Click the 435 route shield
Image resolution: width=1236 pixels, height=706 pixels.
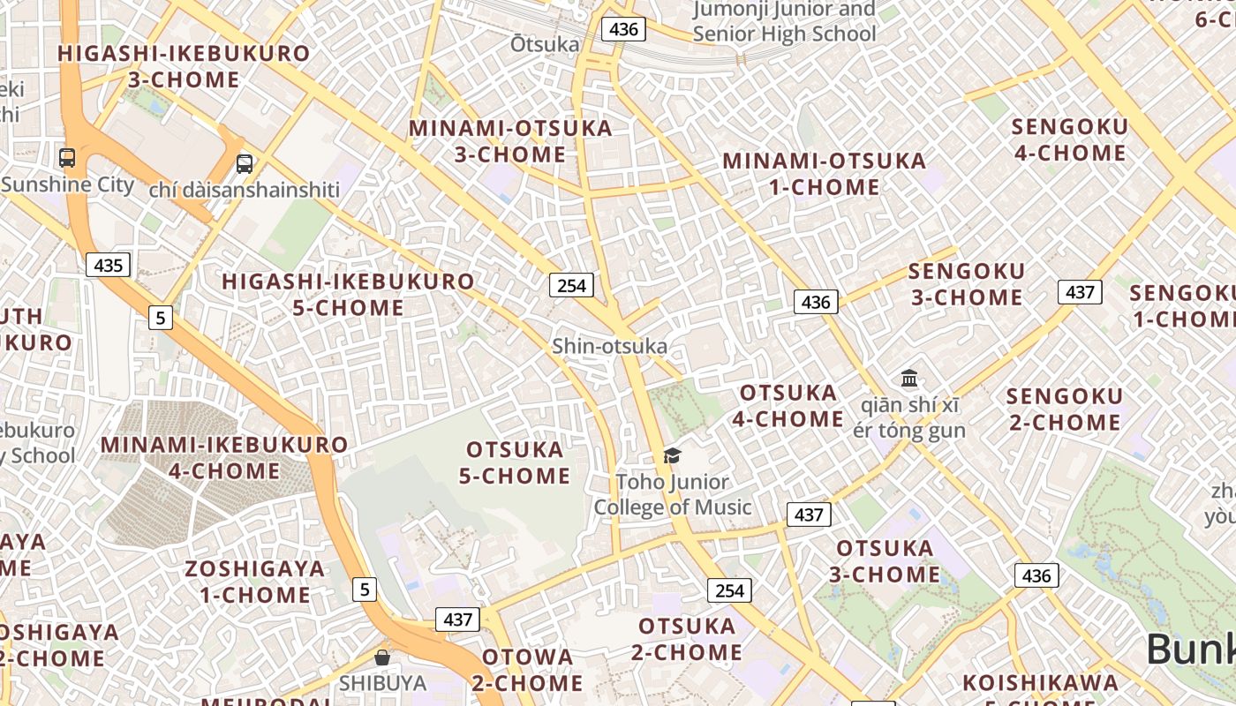pyautogui.click(x=109, y=265)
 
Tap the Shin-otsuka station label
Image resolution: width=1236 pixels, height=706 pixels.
pyautogui.click(x=609, y=346)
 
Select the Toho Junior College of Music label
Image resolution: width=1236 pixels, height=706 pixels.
pyautogui.click(x=673, y=494)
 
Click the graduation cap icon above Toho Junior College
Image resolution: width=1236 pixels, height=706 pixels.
pyautogui.click(x=673, y=455)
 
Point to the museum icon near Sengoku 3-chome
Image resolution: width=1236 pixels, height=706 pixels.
pyautogui.click(x=909, y=379)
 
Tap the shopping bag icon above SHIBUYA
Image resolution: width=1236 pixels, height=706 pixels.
pyautogui.click(x=382, y=657)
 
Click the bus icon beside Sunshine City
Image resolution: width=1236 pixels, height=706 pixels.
pyautogui.click(x=67, y=158)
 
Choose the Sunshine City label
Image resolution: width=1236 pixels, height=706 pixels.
pyautogui.click(x=67, y=185)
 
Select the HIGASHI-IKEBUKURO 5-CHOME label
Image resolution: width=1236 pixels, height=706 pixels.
pyautogui.click(x=348, y=295)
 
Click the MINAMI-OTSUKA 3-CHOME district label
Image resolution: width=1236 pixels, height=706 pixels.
pyautogui.click(x=510, y=141)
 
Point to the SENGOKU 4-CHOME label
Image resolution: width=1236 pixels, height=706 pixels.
pyautogui.click(x=1070, y=139)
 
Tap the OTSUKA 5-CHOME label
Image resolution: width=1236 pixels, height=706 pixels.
pyautogui.click(x=515, y=462)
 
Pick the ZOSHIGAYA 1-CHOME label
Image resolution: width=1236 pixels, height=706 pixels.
pyautogui.click(x=255, y=581)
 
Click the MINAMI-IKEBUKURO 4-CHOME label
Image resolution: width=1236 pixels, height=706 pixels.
pyautogui.click(x=224, y=457)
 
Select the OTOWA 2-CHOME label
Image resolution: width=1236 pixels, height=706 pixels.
pyautogui.click(x=527, y=670)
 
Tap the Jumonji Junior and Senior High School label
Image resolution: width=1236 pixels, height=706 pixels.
pyautogui.click(x=784, y=22)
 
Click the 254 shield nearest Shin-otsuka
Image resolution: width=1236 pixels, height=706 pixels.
pyautogui.click(x=571, y=285)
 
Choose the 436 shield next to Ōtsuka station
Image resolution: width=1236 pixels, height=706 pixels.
pyautogui.click(x=623, y=29)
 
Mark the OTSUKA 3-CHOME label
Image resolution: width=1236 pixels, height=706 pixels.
pyautogui.click(x=885, y=561)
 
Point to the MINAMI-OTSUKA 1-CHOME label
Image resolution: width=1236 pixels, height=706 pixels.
pyautogui.click(x=825, y=174)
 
